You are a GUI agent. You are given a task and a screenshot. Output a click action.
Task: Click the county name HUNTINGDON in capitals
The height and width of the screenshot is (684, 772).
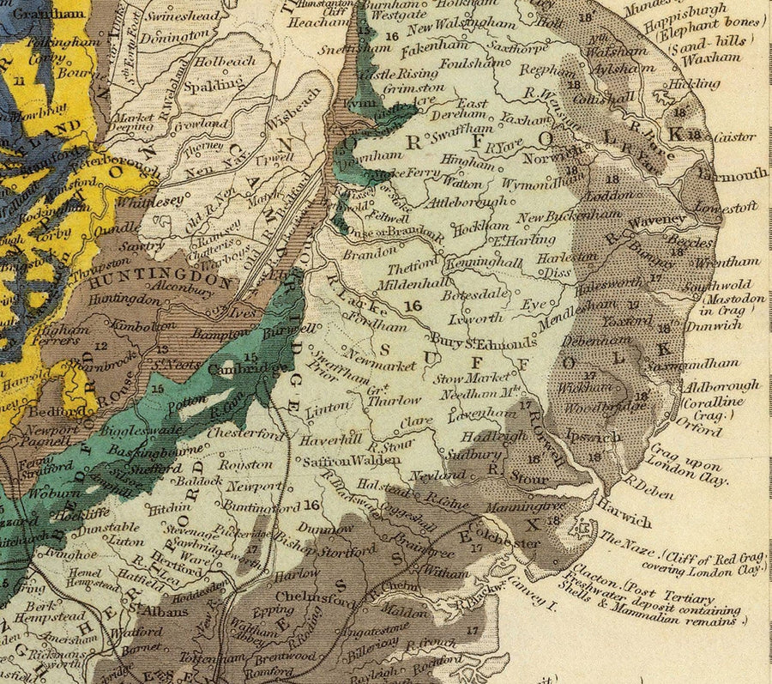pos(160,281)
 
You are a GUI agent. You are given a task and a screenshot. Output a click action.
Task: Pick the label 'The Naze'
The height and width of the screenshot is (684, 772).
pos(618,539)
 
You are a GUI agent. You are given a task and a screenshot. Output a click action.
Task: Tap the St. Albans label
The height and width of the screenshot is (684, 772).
pos(160,611)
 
